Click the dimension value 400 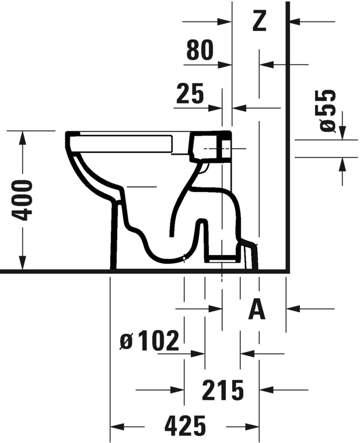[22, 201]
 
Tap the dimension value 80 [200, 50]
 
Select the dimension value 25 [190, 93]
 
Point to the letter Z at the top [259, 20]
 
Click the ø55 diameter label [328, 111]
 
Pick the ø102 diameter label [149, 340]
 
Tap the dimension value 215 [223, 390]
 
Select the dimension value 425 [186, 425]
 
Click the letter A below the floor [257, 309]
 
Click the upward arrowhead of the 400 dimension [22, 138]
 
